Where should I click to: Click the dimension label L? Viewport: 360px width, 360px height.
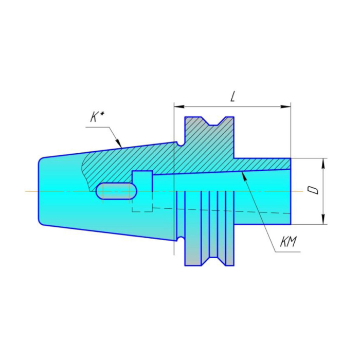pos(232,97)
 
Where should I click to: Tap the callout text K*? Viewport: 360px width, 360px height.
pos(97,118)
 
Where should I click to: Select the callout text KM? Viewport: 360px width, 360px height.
pos(289,242)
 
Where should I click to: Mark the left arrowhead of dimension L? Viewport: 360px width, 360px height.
pos(179,106)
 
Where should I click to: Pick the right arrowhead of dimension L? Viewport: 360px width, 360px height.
pos(285,106)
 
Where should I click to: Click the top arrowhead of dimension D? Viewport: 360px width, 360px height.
pos(323,163)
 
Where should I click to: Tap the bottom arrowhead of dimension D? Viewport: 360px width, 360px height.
pos(323,219)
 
